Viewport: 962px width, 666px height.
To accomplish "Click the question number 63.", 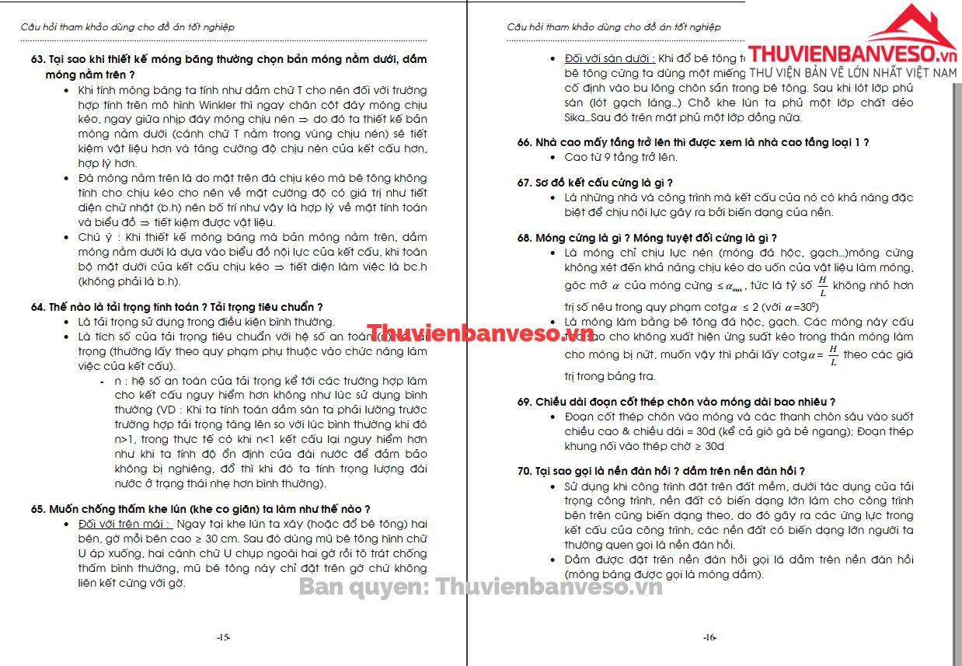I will [38, 60].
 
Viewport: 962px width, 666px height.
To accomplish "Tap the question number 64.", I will [38, 307].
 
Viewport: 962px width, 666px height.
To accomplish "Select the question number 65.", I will [38, 509].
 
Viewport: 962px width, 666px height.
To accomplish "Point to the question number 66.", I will [525, 142].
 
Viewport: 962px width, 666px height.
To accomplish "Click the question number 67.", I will [525, 183].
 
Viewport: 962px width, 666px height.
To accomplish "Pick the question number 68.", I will [525, 238].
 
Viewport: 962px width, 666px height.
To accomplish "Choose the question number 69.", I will [525, 402].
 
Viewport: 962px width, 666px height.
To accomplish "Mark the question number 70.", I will [525, 471].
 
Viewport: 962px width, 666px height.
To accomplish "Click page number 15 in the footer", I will [223, 637].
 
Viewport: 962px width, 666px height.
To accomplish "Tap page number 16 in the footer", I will [709, 637].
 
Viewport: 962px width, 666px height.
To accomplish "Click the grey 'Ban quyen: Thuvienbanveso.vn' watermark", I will [481, 587].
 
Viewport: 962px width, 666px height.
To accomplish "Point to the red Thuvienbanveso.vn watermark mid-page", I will [480, 333].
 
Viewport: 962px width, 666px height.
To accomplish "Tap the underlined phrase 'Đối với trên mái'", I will [125, 524].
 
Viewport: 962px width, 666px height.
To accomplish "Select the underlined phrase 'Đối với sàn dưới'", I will [610, 58].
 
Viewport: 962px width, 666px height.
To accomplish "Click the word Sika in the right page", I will [576, 117].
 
